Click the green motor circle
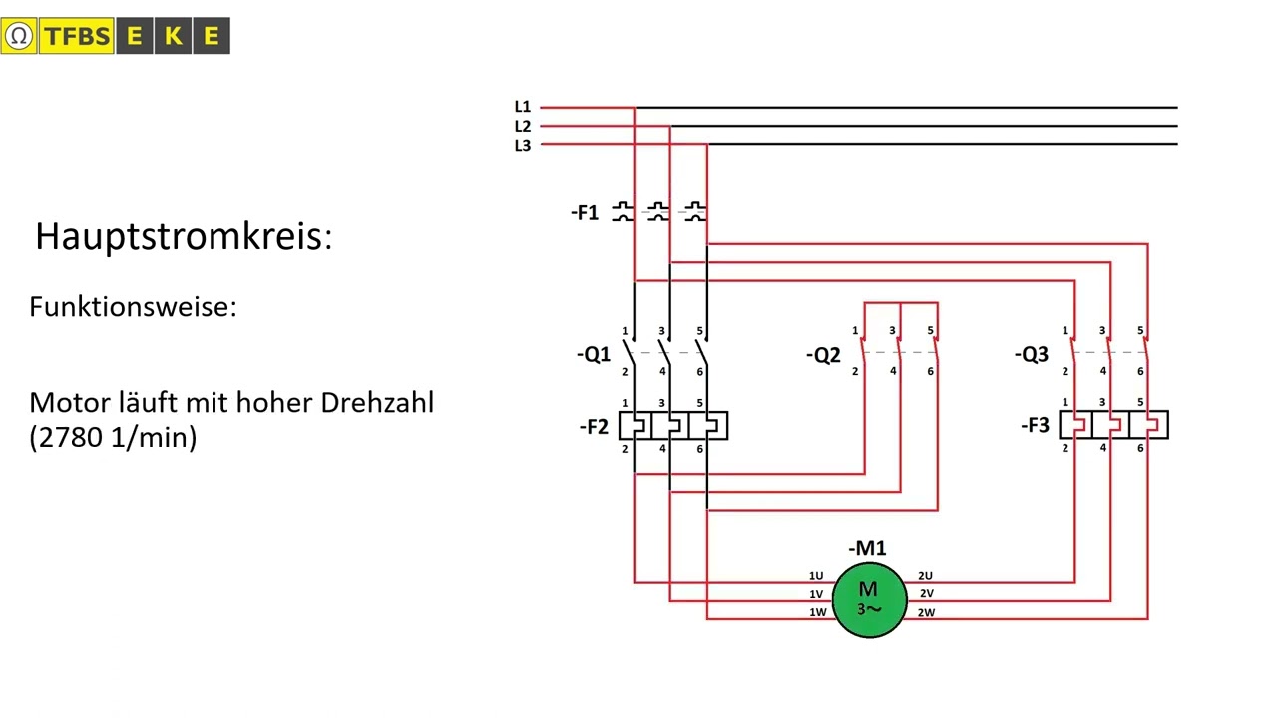click(869, 600)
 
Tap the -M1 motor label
click(867, 548)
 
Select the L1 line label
click(522, 107)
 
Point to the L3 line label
click(522, 146)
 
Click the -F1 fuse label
click(585, 213)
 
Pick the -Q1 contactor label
click(594, 354)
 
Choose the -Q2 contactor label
click(823, 356)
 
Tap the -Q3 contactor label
click(1032, 354)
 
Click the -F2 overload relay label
click(594, 426)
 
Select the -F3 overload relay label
click(1035, 425)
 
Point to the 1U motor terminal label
click(816, 576)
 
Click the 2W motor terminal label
click(926, 613)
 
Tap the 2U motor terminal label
click(925, 576)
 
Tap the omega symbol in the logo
click(19, 36)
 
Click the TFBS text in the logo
click(77, 36)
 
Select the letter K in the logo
click(173, 36)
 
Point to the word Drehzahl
click(377, 403)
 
